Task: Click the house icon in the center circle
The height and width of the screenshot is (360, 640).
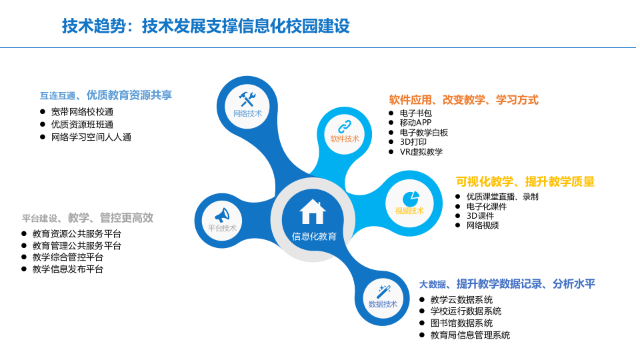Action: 313,211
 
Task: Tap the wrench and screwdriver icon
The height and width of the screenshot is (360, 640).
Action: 247,99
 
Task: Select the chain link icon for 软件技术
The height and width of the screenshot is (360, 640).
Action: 345,126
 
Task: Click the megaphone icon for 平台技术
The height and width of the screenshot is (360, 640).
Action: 222,215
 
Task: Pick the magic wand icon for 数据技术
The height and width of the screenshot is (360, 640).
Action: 383,291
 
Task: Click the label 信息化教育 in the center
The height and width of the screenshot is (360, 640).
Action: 314,236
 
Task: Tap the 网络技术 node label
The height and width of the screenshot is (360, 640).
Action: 247,113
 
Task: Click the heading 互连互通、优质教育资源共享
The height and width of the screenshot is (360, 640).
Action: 106,95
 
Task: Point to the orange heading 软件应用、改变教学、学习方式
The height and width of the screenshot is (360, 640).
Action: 463,100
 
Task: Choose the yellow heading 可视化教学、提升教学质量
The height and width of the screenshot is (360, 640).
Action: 525,181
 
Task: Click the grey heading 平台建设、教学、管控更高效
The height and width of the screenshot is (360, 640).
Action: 87,218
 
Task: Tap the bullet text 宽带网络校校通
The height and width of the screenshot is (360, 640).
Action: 82,112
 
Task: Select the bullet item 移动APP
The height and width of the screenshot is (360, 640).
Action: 415,123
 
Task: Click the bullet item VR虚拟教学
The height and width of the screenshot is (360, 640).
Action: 421,151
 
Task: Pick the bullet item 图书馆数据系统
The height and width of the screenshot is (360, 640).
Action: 461,323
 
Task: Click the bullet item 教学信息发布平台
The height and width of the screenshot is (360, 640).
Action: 68,269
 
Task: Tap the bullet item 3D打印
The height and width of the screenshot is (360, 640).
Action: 413,142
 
